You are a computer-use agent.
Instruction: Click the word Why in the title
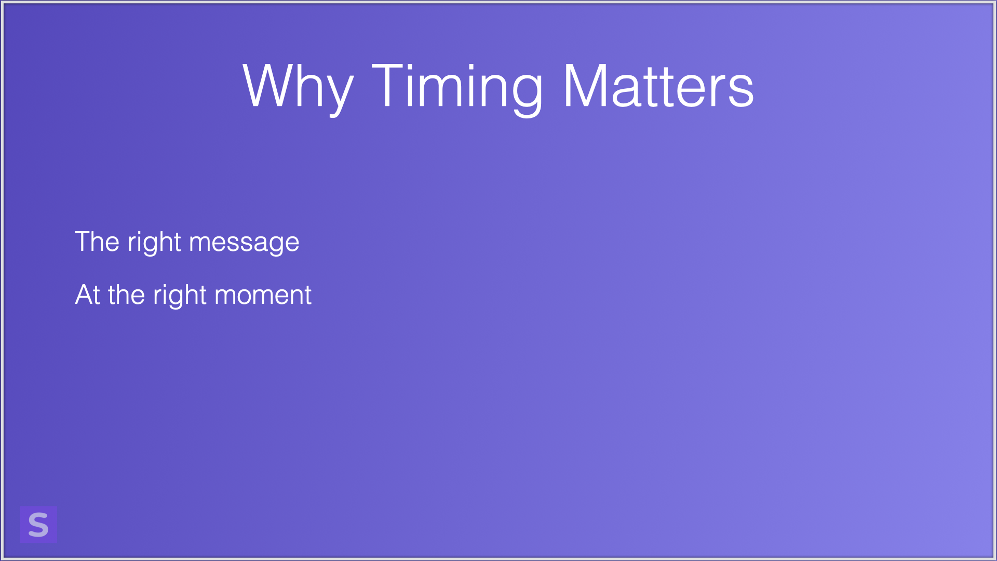point(298,87)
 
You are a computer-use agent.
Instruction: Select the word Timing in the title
point(457,87)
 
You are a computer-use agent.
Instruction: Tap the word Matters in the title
point(658,86)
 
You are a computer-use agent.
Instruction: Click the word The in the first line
point(97,242)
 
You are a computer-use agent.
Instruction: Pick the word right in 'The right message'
point(154,243)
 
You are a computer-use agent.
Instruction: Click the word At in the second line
point(88,295)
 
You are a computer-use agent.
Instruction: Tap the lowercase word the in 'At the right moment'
point(126,295)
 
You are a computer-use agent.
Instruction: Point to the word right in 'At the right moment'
point(180,296)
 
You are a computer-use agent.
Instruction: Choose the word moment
point(263,296)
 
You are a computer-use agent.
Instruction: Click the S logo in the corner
point(38,524)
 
